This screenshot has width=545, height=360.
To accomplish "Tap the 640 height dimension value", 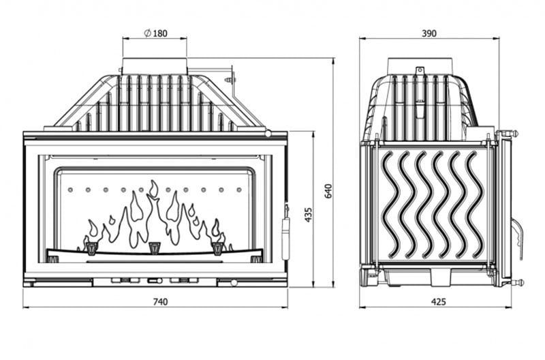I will coord(328,190).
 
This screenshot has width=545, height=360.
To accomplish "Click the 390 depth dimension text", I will coord(429,33).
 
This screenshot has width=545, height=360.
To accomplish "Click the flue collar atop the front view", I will coord(155,66).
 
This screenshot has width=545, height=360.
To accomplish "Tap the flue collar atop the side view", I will coord(420,65).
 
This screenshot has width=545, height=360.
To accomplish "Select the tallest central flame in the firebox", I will coord(153,211).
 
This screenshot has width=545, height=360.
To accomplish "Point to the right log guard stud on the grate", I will coord(218,246).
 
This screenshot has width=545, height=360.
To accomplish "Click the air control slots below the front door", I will coord(154,280).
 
